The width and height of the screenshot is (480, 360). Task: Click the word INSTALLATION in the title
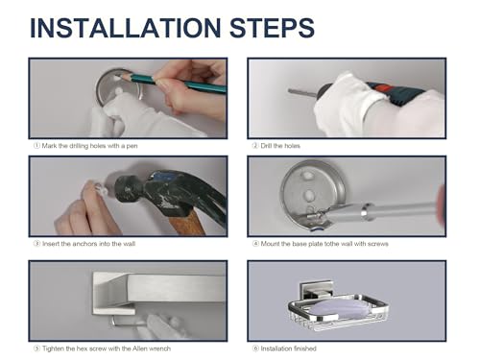point(125,28)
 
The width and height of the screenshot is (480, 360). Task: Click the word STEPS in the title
point(272,28)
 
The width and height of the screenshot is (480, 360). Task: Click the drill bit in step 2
point(302,93)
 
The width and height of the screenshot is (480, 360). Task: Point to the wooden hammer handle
point(185,223)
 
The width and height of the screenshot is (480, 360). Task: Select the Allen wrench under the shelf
point(128,323)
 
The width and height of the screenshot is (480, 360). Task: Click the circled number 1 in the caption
point(36,146)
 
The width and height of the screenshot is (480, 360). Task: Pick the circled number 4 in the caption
point(255,244)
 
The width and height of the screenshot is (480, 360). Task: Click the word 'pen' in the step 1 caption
point(132,146)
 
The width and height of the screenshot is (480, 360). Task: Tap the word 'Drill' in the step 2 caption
point(266,146)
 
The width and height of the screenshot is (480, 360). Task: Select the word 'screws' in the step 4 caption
point(378,244)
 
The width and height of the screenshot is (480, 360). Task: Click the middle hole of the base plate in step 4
point(309,194)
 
